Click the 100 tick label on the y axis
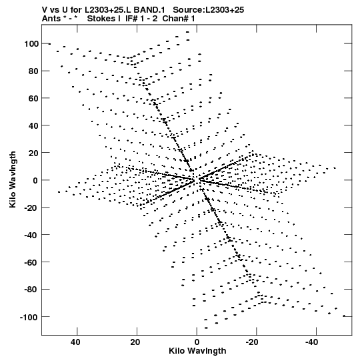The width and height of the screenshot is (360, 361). [x=31, y=44]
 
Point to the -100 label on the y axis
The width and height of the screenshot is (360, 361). [x=29, y=317]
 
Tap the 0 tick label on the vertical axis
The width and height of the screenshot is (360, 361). [x=35, y=180]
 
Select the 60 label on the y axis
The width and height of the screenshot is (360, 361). [x=33, y=98]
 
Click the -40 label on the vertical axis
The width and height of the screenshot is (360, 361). [x=31, y=235]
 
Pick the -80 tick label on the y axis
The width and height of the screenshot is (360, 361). [x=31, y=290]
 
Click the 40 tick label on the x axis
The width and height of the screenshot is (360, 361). [x=76, y=342]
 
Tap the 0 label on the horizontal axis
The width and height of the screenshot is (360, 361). [x=197, y=342]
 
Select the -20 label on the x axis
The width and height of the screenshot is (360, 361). [x=251, y=342]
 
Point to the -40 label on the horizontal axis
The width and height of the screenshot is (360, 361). [x=311, y=342]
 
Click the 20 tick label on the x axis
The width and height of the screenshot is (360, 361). [x=135, y=342]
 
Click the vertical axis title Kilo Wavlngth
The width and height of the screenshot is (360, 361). [x=13, y=179]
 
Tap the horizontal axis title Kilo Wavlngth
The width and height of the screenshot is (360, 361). [x=197, y=351]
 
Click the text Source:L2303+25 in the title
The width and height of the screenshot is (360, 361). [x=208, y=10]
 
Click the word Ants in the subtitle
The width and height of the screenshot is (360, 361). [x=50, y=19]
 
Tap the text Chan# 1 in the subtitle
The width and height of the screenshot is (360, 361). [x=179, y=19]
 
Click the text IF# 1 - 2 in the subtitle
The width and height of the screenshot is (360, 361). [x=141, y=19]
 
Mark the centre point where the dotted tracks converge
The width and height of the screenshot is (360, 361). [x=196, y=179]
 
